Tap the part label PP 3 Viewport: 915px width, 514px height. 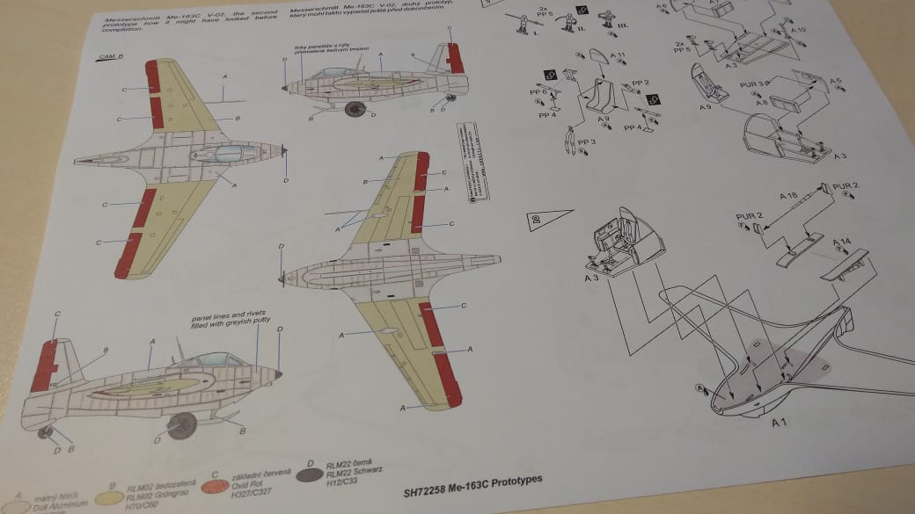pos(587,140)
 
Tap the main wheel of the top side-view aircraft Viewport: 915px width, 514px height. pos(356,110)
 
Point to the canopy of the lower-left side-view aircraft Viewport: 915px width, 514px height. pos(210,359)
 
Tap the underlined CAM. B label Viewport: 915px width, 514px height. pos(111,57)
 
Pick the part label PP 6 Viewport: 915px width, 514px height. pos(538,91)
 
